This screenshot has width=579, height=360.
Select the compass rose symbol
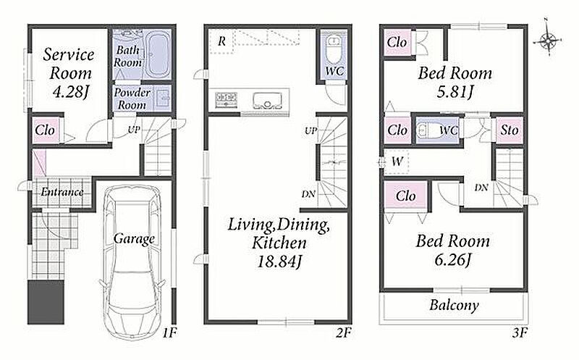click(x=548, y=39)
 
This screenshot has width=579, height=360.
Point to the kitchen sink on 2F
click(x=266, y=100)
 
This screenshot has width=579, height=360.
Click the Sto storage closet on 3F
click(x=510, y=130)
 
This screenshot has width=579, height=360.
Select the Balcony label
click(x=455, y=305)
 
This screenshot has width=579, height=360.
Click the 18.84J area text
click(x=279, y=262)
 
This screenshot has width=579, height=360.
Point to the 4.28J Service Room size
click(x=69, y=92)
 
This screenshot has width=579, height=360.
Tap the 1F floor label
click(x=169, y=333)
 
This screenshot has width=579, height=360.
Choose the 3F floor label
click(x=519, y=333)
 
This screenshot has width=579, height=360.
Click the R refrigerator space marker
click(x=221, y=41)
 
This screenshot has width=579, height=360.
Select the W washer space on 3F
click(x=396, y=162)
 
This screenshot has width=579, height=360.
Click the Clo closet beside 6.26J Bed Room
click(x=405, y=196)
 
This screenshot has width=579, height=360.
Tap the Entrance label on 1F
click(x=62, y=192)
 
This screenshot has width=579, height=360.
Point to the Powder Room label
click(x=132, y=99)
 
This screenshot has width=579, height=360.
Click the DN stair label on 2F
click(x=308, y=193)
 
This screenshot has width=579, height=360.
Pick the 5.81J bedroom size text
click(x=455, y=91)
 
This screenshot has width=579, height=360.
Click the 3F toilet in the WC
click(x=426, y=130)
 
